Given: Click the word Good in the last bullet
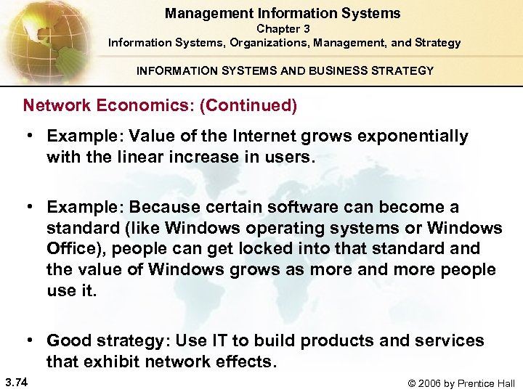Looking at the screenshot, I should click(68, 340).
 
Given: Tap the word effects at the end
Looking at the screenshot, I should click(245, 361).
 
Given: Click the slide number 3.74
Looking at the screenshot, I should click(15, 383).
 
